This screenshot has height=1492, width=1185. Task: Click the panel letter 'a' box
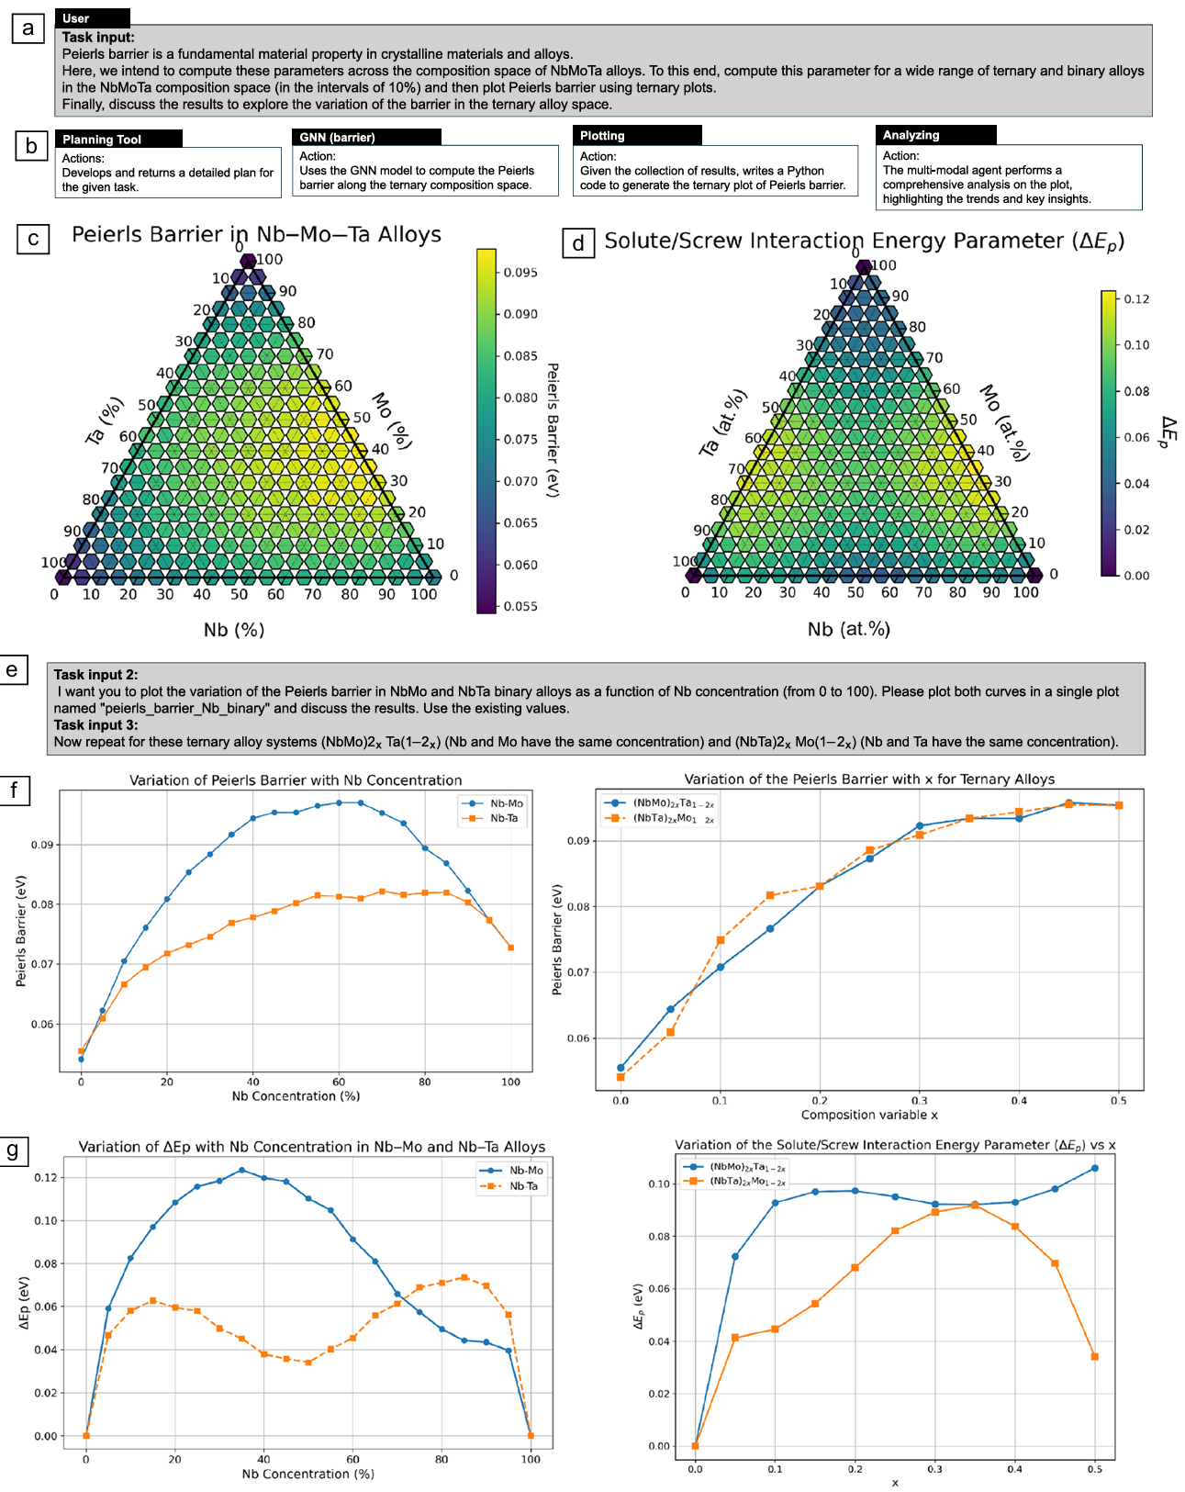coord(28,28)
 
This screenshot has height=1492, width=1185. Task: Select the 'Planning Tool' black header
coord(117,139)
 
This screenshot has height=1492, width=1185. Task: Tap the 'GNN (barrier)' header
coord(366,137)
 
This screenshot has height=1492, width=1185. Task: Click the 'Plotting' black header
coord(637,135)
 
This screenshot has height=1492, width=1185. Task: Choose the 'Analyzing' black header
coord(935,135)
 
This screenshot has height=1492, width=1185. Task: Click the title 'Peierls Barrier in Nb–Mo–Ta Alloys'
coord(256,234)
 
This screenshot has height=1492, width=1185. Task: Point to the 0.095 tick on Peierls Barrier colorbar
coord(520,273)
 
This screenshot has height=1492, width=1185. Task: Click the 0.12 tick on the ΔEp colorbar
coord(1135,299)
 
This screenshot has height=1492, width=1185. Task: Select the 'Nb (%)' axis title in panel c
coord(234,630)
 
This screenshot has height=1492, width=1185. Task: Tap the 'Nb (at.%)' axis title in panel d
coord(848,629)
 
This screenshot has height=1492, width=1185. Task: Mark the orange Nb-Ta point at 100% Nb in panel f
coord(511,948)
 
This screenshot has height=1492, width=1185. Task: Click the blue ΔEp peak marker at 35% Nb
coord(241,1170)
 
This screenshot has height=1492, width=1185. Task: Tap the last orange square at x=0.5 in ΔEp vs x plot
coord(1094,1356)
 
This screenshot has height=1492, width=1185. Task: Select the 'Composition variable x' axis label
coord(868,1115)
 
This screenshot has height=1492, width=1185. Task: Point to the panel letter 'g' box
coord(13,1150)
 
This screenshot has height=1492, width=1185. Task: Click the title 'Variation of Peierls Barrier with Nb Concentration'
coord(296,780)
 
